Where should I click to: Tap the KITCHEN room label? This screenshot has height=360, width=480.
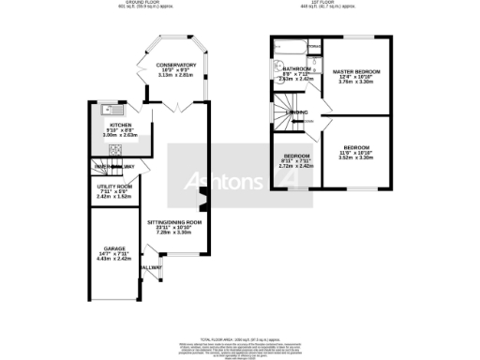click(x=122, y=124)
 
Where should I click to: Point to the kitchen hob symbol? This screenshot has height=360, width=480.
click(x=116, y=150)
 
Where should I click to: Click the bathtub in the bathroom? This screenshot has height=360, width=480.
click(x=285, y=46)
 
